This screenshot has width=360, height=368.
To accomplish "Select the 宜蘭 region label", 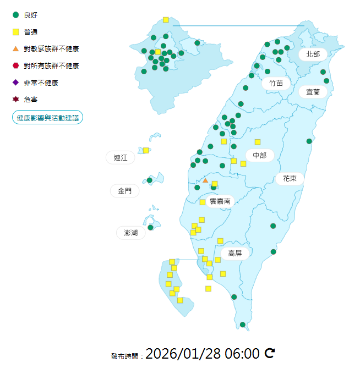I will (x=313, y=92).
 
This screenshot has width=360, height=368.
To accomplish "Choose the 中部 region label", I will (x=259, y=156).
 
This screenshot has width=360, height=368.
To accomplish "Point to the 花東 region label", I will (x=290, y=178).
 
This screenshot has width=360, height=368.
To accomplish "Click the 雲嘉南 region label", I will (x=220, y=201).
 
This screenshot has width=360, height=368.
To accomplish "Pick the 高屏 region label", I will (x=235, y=253).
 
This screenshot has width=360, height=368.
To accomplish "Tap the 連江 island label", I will (x=120, y=158).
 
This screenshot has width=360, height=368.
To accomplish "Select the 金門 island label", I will (x=124, y=191).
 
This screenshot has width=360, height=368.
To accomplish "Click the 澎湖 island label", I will (x=131, y=233).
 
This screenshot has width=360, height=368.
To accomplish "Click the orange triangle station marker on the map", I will (x=205, y=180).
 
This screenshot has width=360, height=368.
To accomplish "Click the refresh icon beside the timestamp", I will (x=270, y=353).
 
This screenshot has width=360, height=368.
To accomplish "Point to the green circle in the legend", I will (x=15, y=15).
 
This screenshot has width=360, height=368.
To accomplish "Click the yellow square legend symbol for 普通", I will (x=15, y=32).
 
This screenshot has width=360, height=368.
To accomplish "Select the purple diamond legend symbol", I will (x=15, y=83).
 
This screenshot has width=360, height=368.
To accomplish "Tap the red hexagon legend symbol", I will (x=15, y=65).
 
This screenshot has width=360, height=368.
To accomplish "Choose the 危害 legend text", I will (x=31, y=100).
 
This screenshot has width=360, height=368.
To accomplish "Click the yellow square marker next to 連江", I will (x=146, y=150).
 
